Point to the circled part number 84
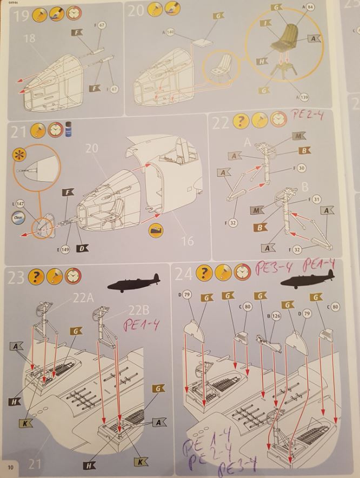pyautogui.click(x=310, y=6)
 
